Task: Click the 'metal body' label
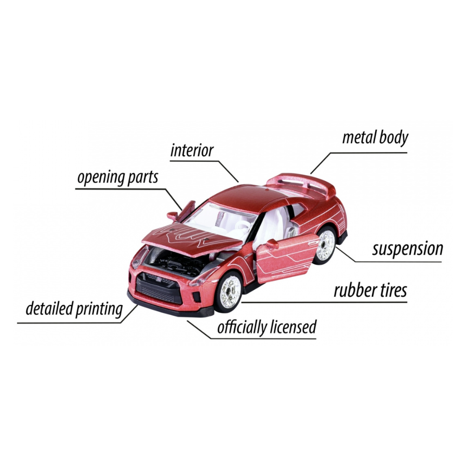click(375, 138)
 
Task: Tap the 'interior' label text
click(192, 151)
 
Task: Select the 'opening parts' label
click(118, 178)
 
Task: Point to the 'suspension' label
click(407, 249)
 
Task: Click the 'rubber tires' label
click(370, 290)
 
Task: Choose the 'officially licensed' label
click(267, 328)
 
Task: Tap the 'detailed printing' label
click(74, 309)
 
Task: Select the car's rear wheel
click(325, 245)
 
